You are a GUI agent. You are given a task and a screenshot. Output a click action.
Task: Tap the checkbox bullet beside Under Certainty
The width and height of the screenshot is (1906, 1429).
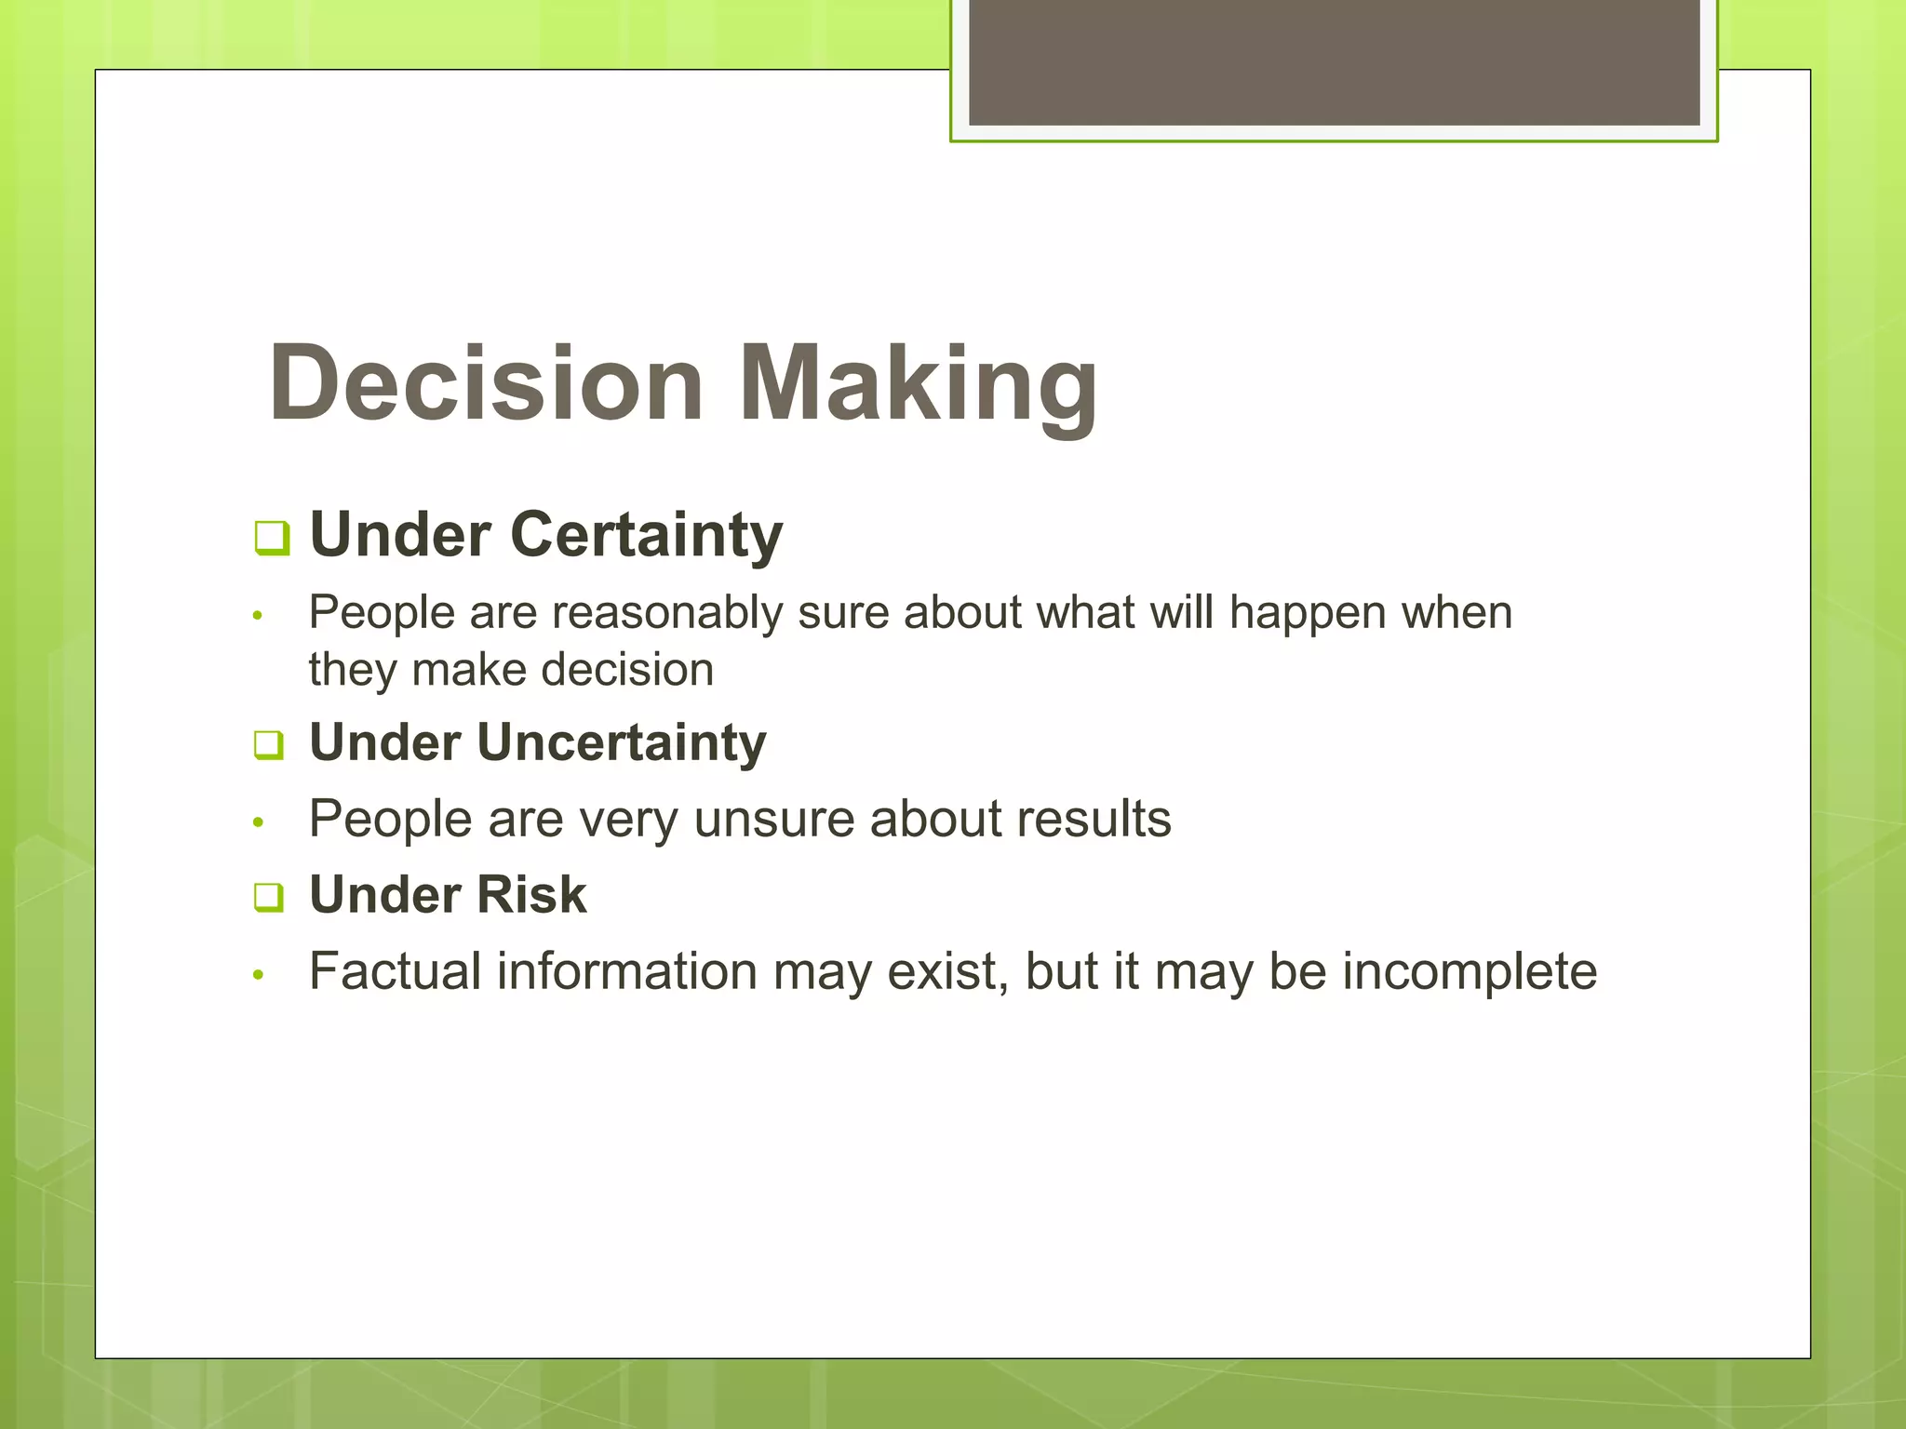[x=272, y=538]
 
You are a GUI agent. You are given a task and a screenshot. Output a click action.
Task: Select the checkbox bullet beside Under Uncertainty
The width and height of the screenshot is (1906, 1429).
[x=269, y=745]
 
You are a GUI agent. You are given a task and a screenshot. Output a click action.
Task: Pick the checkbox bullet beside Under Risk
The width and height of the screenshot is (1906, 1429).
[x=269, y=898]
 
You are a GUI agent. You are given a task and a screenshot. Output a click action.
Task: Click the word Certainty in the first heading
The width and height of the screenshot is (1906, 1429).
[x=646, y=536]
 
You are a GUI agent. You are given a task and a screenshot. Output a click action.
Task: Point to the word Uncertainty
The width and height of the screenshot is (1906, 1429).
[x=622, y=743]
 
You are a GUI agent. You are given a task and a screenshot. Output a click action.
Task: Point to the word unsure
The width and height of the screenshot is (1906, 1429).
[x=773, y=820]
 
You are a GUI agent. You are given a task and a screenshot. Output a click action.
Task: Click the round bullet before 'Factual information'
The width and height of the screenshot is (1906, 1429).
[x=259, y=975]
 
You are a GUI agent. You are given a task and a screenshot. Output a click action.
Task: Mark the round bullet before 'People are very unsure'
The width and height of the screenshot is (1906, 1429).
[x=259, y=822]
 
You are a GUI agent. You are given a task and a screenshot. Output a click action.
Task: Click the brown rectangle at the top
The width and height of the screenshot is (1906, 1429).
[x=1334, y=61]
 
